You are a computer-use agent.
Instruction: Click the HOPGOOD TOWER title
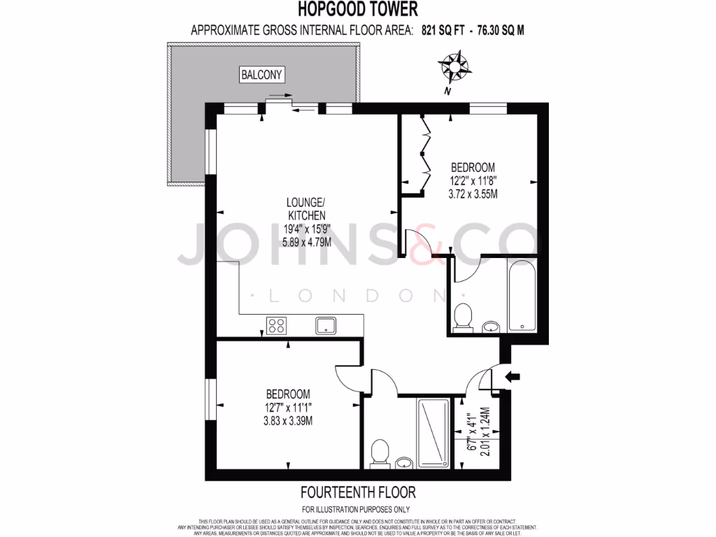tap(358, 9)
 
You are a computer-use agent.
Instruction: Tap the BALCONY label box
tap(262, 75)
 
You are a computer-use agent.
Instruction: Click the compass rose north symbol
tap(455, 68)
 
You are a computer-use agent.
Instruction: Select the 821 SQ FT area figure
tap(443, 31)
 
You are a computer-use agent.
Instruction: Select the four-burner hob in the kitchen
tap(276, 325)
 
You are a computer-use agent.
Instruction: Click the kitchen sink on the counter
tap(327, 325)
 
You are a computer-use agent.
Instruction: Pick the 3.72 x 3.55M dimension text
tap(473, 194)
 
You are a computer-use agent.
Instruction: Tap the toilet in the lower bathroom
tap(380, 451)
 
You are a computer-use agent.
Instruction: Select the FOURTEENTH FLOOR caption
tap(357, 493)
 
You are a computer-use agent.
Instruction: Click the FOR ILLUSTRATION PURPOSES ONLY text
tap(356, 510)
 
